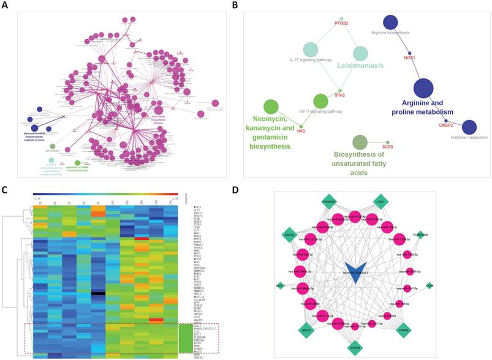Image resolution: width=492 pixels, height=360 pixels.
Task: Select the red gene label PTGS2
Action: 341,23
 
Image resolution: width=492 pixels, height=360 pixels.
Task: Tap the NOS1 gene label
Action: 410,58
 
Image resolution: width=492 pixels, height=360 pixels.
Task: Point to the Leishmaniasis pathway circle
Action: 360,54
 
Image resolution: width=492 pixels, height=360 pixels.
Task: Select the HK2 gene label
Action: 301,130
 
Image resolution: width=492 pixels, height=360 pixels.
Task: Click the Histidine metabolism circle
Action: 469,127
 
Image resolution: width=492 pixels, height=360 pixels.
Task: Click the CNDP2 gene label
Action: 446,125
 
